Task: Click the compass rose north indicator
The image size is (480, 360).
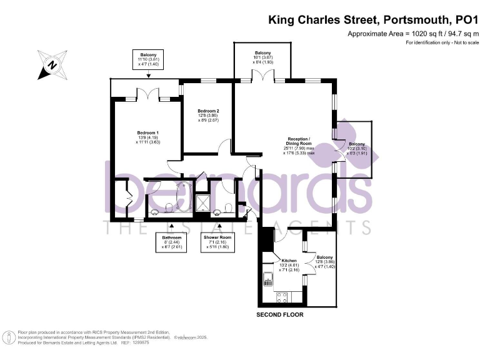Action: click(x=52, y=65)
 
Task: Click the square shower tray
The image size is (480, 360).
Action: click(x=202, y=201)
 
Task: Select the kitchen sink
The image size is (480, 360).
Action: click(x=267, y=277)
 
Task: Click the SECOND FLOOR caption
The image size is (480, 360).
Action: click(x=280, y=315)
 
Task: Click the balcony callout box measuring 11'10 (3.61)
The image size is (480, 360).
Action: click(x=148, y=60)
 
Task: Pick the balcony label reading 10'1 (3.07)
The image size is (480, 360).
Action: click(x=262, y=57)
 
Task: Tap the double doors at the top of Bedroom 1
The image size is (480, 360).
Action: click(x=148, y=94)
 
